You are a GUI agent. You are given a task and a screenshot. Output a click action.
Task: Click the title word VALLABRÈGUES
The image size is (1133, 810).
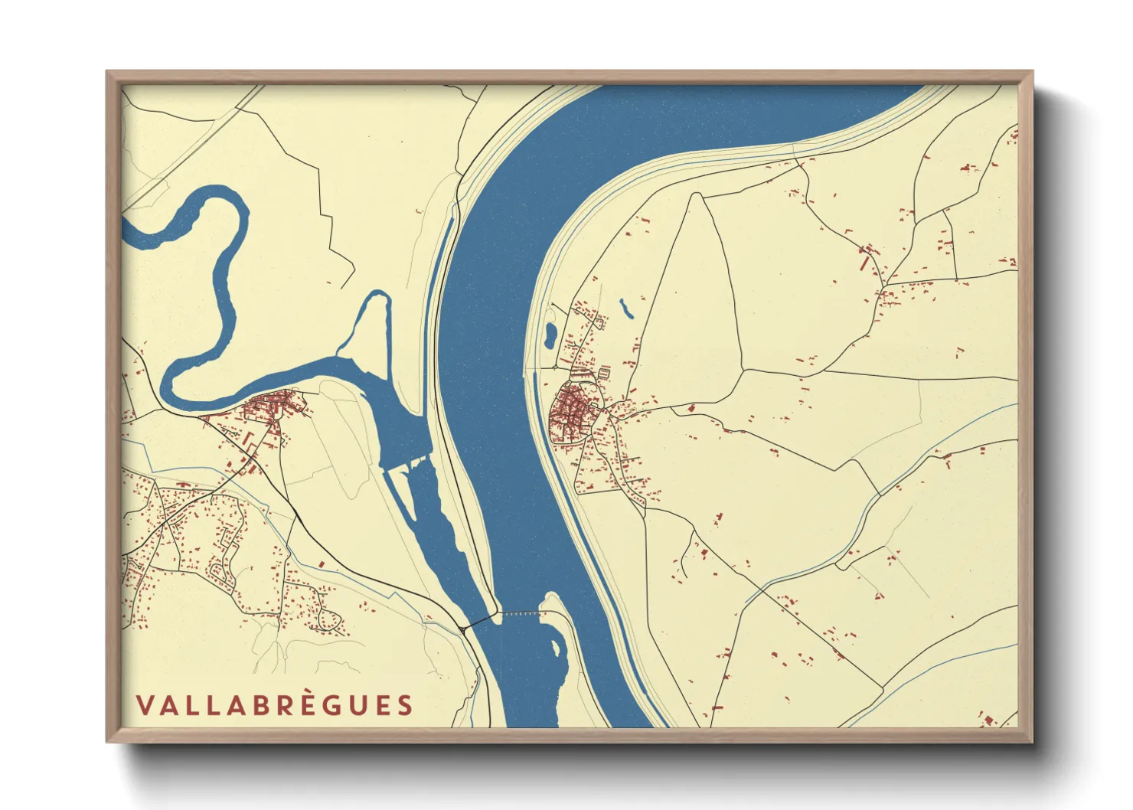click(x=274, y=705)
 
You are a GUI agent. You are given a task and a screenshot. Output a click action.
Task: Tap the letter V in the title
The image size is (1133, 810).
click(x=144, y=705)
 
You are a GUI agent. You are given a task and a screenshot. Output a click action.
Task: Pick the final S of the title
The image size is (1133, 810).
click(x=405, y=705)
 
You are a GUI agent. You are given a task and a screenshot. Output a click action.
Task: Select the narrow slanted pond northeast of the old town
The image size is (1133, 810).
click(x=626, y=308)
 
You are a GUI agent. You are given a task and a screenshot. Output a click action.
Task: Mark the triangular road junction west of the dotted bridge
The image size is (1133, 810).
click(x=464, y=629)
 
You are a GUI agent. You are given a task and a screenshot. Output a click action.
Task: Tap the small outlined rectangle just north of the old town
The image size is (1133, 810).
click(x=603, y=373)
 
